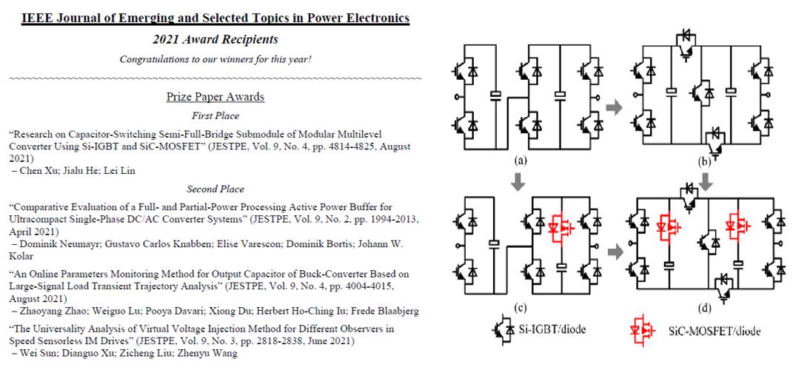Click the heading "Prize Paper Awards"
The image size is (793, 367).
coord(215,97)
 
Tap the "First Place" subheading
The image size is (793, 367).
coord(215,115)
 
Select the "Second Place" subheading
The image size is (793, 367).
coord(215,189)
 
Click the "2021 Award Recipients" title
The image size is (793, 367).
coord(215,39)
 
